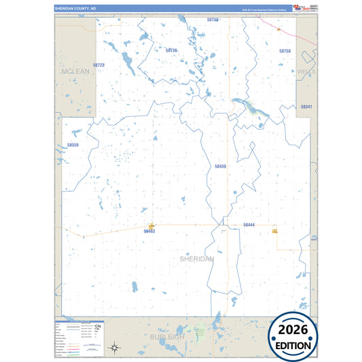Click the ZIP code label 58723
99,65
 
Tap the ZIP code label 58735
171,50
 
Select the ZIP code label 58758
285,51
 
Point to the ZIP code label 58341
306,107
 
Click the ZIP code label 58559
73,145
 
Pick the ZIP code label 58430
220,166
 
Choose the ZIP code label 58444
249,224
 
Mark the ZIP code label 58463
149,232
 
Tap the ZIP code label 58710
213,20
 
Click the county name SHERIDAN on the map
197,259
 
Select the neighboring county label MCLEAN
75,71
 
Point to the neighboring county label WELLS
306,71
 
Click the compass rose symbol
116,348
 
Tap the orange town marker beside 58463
151,225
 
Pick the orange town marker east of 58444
274,232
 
